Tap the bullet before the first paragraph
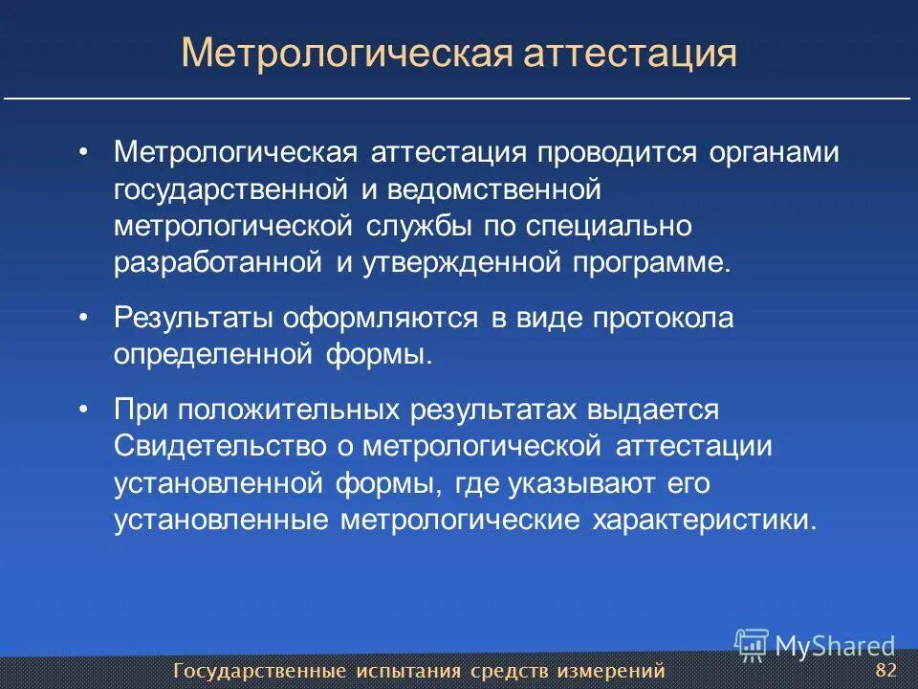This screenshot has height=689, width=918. [x=84, y=153]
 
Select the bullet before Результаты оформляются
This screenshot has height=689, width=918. [x=84, y=318]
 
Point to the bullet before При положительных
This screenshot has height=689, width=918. [x=84, y=410]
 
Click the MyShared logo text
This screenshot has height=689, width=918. [x=835, y=646]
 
